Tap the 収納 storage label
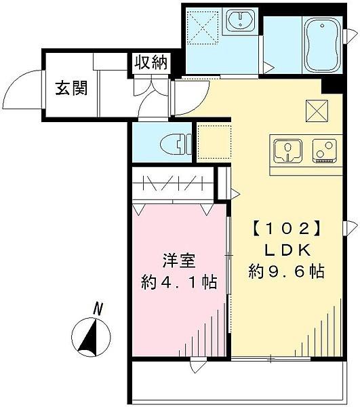(x=150, y=63)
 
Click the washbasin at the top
(x=239, y=21)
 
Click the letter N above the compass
(x=99, y=309)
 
